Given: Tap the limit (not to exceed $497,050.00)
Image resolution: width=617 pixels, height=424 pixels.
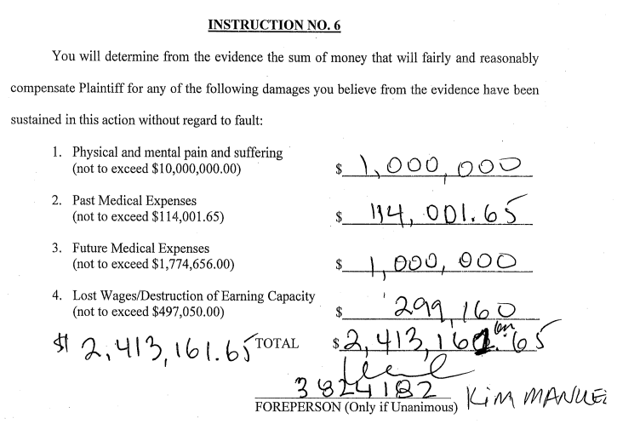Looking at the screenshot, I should pos(148,312).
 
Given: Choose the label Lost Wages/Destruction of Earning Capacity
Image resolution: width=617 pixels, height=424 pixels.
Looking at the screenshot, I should pos(194,296).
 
